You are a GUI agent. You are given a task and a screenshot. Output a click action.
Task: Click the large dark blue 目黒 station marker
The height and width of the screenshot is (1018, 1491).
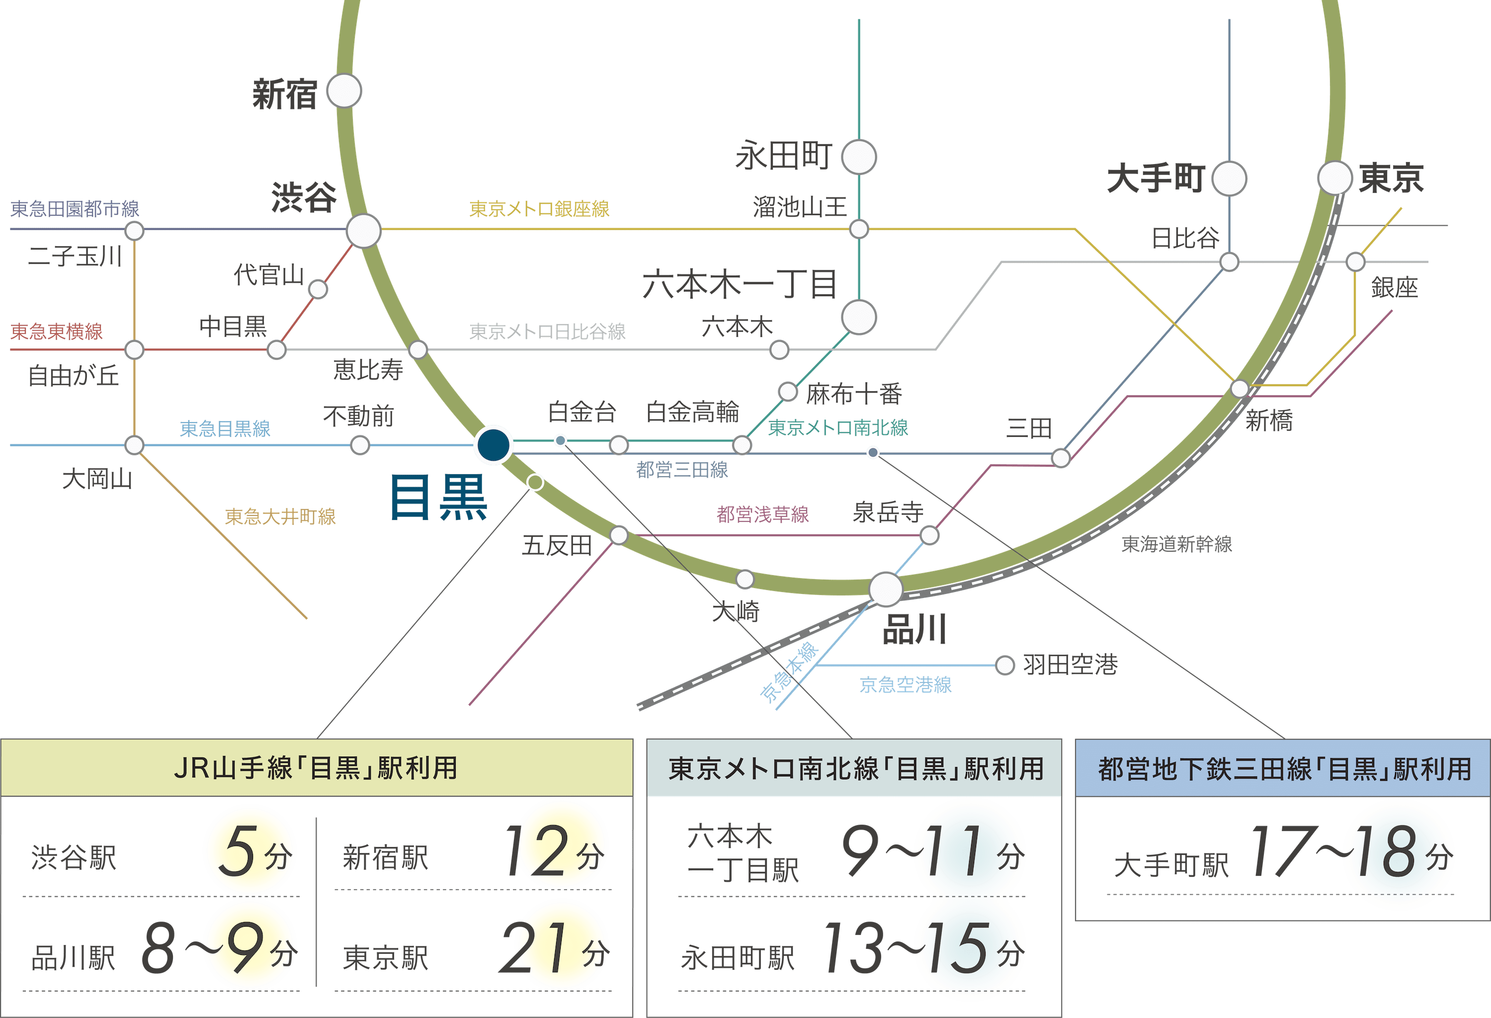[493, 444]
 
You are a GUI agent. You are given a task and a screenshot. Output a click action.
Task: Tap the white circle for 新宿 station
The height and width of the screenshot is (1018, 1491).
[344, 91]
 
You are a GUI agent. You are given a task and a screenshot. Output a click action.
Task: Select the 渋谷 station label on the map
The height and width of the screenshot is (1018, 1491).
[304, 197]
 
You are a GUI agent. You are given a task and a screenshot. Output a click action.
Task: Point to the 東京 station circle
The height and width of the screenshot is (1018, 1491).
[1335, 177]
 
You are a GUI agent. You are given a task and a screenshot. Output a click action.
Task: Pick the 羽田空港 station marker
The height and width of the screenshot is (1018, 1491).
[1005, 665]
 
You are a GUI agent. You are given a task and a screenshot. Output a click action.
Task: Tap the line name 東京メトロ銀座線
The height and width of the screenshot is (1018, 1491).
[539, 208]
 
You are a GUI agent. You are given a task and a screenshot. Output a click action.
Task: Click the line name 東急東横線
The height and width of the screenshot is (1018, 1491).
[57, 331]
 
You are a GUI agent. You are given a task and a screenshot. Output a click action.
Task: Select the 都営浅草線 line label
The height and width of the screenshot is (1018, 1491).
[762, 514]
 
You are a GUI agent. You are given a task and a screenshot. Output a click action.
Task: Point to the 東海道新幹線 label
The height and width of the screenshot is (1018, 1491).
[1176, 544]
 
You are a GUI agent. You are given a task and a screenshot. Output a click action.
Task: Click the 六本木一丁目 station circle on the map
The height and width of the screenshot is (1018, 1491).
[858, 318]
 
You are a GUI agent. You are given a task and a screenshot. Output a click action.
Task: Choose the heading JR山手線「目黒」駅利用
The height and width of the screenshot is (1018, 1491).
[316, 768]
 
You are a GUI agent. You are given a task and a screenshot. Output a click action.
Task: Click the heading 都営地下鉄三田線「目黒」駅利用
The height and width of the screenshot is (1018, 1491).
[1284, 768]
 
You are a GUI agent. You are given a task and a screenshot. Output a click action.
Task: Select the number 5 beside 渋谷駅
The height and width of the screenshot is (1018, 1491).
[236, 851]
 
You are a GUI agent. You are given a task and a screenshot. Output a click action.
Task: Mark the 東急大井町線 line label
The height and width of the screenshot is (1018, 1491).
[280, 516]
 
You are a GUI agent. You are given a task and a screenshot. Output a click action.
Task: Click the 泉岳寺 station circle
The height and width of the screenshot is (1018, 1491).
[929, 535]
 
